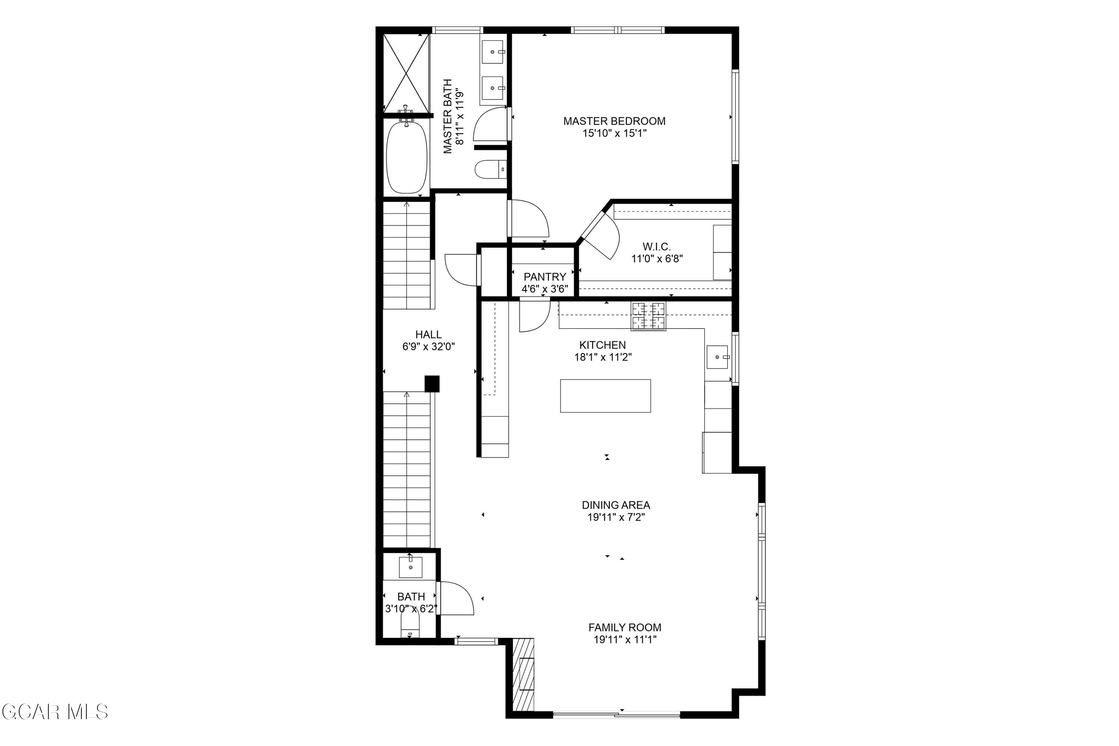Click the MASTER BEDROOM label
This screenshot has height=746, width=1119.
(x=614, y=121)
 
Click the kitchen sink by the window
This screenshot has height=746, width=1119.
(x=717, y=357)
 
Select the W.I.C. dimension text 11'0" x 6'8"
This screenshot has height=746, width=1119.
(x=657, y=259)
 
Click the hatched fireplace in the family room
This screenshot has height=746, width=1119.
(x=523, y=675)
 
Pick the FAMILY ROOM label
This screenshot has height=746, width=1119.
(x=625, y=627)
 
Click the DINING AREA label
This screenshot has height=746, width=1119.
(x=616, y=505)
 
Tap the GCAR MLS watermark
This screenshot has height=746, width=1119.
(x=55, y=712)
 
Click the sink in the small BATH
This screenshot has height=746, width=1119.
(x=410, y=567)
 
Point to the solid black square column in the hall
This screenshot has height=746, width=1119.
(x=432, y=383)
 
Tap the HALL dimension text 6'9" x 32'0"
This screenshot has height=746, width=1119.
(x=428, y=347)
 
